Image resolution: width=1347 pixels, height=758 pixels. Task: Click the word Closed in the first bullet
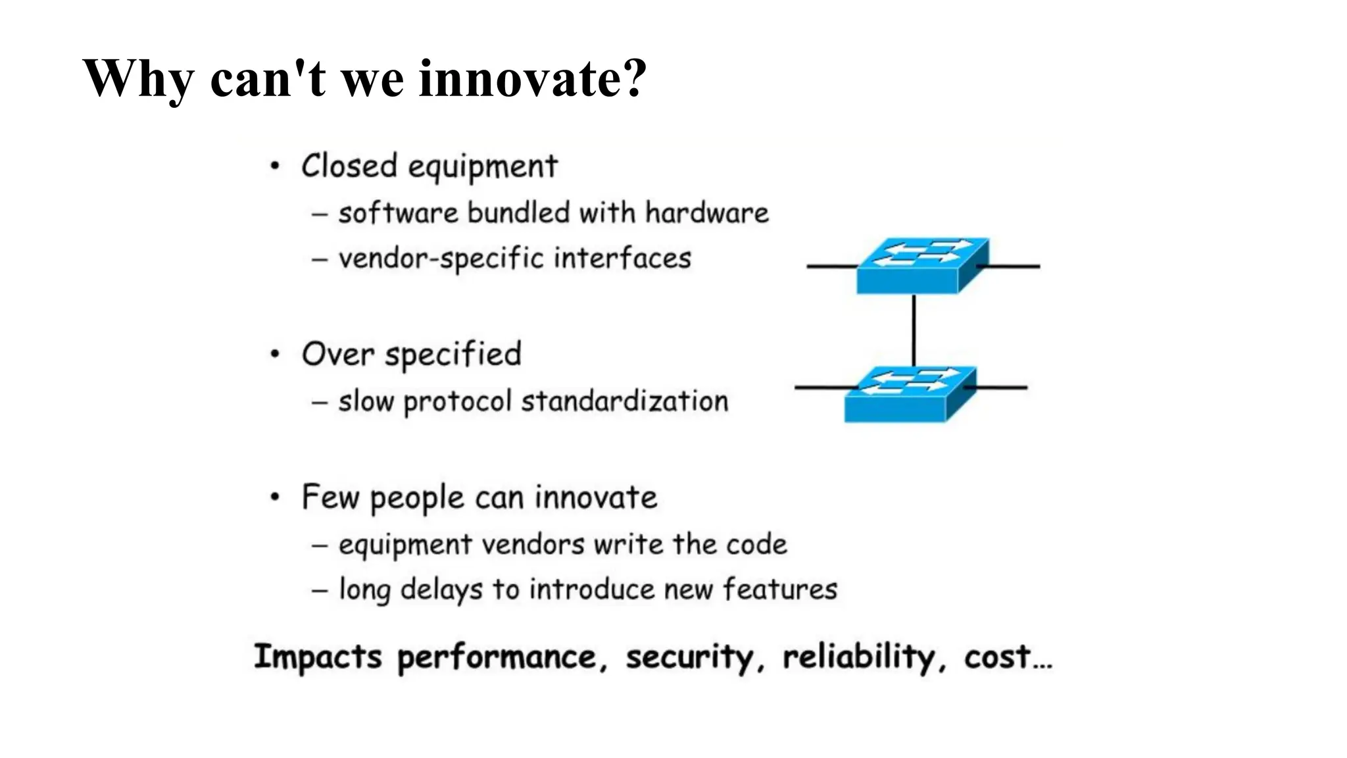click(349, 166)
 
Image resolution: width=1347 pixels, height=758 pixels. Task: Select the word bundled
click(518, 213)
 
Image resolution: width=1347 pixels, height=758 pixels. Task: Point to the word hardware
click(706, 213)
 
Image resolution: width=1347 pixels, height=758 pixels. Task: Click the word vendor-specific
click(441, 258)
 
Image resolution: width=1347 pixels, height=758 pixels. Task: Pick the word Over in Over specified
click(337, 355)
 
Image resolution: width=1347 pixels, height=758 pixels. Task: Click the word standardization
click(625, 401)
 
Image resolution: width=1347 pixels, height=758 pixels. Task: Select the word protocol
click(457, 402)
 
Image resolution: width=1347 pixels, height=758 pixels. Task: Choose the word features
click(780, 589)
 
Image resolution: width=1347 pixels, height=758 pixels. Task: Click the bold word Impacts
click(318, 657)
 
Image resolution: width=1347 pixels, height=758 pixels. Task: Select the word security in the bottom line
click(689, 657)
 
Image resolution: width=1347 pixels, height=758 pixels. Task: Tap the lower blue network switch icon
click(909, 394)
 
